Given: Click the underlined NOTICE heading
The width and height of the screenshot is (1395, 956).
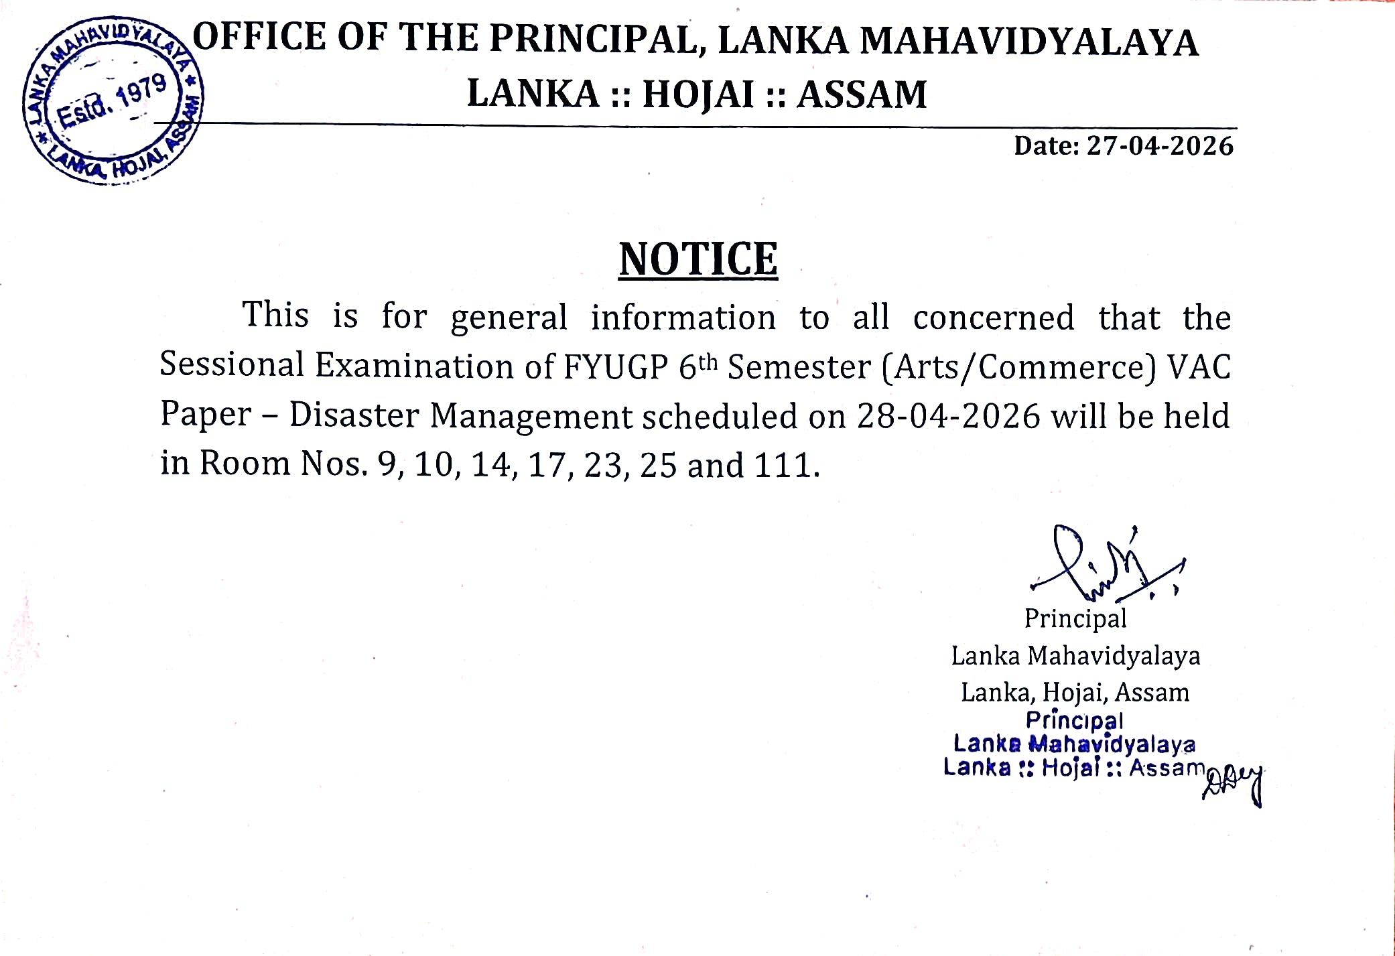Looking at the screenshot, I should [698, 259].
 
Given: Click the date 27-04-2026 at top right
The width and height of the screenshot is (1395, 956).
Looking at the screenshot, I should [1159, 146].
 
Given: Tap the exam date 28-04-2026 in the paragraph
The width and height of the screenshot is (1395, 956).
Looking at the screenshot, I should [948, 416].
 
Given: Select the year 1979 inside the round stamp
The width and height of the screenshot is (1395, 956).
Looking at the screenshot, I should [141, 92].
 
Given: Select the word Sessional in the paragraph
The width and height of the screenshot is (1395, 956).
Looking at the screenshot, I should [232, 365].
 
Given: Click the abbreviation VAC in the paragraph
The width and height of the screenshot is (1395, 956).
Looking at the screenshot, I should [1199, 367].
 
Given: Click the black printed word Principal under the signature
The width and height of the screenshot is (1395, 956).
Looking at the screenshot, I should [1075, 618].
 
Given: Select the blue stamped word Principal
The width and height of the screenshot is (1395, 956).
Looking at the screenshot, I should [1074, 721].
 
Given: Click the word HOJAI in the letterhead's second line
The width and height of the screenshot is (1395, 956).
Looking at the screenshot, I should [698, 94].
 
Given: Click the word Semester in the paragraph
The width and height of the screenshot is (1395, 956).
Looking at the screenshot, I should [799, 367].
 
